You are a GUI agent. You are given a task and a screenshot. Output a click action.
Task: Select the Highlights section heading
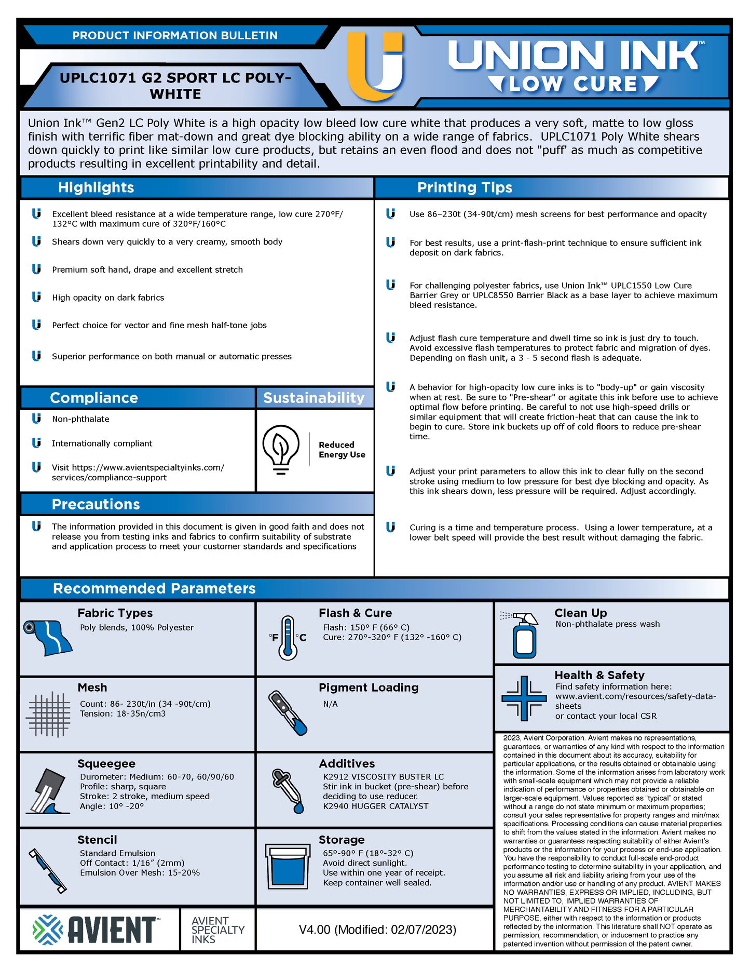96,187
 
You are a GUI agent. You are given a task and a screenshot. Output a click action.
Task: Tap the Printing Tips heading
465,187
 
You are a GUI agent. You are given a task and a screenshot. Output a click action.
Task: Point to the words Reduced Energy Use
342,450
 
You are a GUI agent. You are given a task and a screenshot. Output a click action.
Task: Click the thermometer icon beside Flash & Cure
288,638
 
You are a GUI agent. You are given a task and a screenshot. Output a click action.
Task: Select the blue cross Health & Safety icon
524,698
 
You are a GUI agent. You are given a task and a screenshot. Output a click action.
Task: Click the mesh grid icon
49,715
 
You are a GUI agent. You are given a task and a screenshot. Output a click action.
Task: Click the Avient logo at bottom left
96,929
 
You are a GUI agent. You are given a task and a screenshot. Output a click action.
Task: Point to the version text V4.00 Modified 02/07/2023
377,930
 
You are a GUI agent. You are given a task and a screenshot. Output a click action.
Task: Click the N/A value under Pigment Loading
330,704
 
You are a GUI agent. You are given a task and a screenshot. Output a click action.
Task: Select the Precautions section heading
96,504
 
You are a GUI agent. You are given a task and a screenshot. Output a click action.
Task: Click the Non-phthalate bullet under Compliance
80,419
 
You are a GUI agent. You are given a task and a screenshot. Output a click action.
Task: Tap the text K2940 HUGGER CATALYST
375,806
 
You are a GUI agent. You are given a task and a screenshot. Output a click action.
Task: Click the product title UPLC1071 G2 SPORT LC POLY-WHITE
175,86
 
